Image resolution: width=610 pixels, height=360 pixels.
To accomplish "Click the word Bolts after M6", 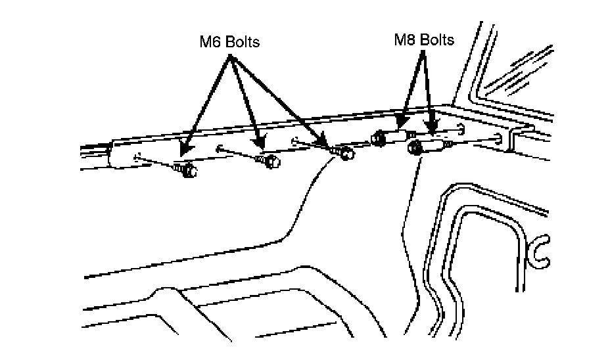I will [241, 42].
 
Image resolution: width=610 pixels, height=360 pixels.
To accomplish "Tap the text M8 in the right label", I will [405, 40].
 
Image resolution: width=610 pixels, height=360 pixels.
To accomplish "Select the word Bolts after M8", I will [436, 40].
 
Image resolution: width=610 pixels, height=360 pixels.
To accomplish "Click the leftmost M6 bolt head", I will [187, 171].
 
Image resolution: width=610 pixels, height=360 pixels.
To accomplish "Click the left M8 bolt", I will [379, 139].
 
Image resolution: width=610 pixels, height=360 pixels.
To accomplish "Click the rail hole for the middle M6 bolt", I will [219, 147].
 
